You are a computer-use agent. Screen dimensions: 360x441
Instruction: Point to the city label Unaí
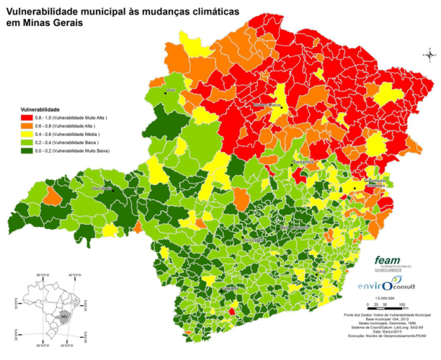171,91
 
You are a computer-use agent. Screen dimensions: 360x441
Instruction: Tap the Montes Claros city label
267,105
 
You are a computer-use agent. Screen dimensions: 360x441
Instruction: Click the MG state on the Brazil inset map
64,316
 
